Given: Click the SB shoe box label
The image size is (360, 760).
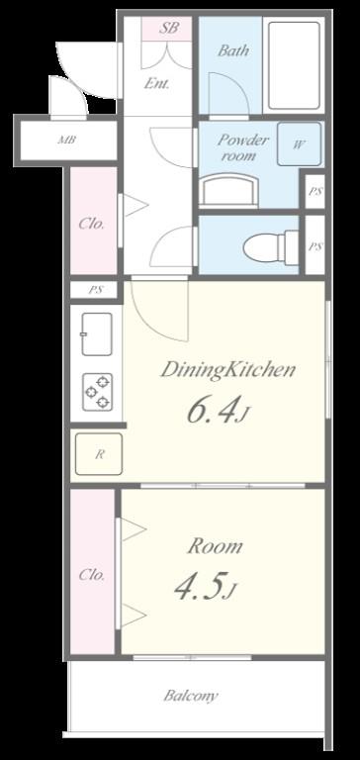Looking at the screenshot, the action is point(168,28).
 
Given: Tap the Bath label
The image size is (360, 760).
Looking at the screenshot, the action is point(233,50).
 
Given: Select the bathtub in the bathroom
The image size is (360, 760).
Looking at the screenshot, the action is point(294,65).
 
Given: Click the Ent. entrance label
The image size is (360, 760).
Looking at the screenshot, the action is point(157,83).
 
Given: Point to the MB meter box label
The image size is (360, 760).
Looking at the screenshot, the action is point(66,142).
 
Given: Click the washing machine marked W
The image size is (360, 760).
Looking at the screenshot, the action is point(299,144).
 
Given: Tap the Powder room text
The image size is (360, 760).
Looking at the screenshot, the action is point(242,147).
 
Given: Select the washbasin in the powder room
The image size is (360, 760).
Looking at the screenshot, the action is point(229,190).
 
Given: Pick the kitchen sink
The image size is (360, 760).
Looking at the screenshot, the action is point(97,333).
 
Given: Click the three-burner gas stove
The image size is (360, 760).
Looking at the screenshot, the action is point(97,392).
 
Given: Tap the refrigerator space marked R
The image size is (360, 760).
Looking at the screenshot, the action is point(99,454).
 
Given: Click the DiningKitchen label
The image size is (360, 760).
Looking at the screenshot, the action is point(227,371).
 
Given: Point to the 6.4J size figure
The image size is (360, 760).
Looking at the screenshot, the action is point(218,411).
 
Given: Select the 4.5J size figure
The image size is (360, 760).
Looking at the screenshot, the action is point(206,588).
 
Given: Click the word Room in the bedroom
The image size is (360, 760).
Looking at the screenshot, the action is point(215,546).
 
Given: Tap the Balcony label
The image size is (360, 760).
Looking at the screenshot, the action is point(191,696).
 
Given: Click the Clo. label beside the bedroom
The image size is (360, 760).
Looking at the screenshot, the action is point(92,575).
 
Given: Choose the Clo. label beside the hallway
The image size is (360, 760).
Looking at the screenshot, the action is point(92,224).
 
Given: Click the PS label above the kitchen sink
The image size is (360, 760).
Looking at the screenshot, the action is point(95,291).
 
